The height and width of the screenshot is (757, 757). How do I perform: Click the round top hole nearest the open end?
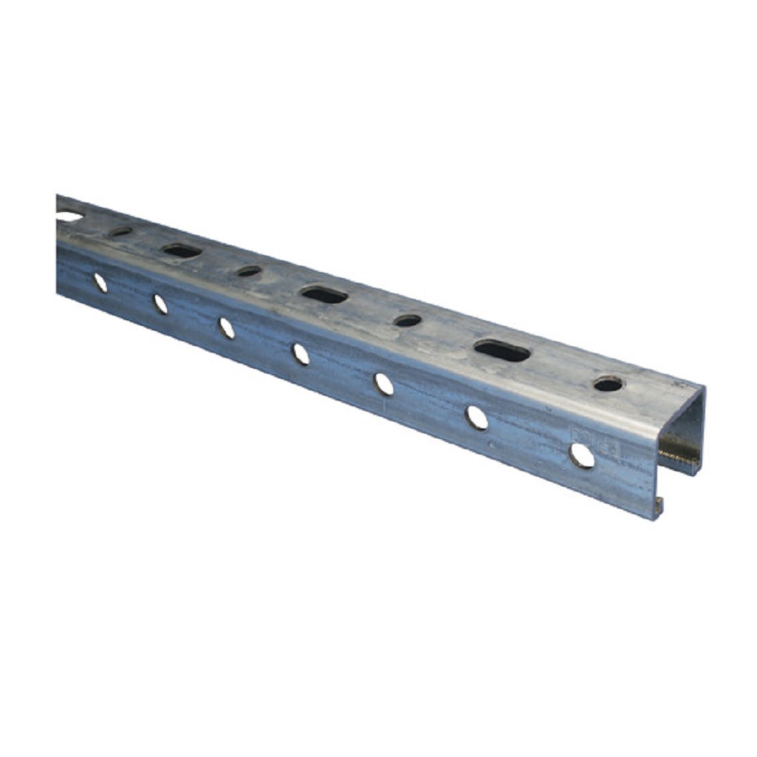(x=608, y=384)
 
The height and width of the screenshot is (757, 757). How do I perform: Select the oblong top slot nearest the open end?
(x=502, y=350)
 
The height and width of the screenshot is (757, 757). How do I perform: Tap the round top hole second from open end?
(x=407, y=321)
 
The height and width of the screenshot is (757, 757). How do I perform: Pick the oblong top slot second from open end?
(x=324, y=294)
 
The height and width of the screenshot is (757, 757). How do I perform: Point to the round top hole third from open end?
(x=249, y=271)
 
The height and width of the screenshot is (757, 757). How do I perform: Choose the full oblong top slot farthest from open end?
(x=182, y=251)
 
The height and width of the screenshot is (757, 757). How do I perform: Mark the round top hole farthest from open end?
(x=120, y=232)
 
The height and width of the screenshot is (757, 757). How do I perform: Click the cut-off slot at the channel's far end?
(x=68, y=217)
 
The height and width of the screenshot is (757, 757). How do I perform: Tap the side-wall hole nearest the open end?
(x=582, y=455)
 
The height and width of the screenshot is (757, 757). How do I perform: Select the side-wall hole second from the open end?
(x=477, y=418)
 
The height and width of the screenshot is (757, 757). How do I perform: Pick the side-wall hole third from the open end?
(x=384, y=384)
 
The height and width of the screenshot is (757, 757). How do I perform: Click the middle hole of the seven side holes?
(x=301, y=354)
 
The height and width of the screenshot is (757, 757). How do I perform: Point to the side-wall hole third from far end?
(x=226, y=327)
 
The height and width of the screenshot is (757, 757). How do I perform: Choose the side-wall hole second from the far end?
(x=160, y=304)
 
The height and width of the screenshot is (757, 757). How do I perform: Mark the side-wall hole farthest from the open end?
(x=100, y=282)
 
